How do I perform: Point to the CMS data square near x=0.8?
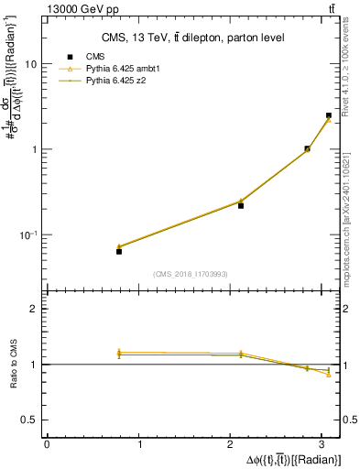119,251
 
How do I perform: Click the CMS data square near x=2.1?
241,205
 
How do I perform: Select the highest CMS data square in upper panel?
328,115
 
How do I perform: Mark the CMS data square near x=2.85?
307,148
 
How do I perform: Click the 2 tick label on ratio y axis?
35,310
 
